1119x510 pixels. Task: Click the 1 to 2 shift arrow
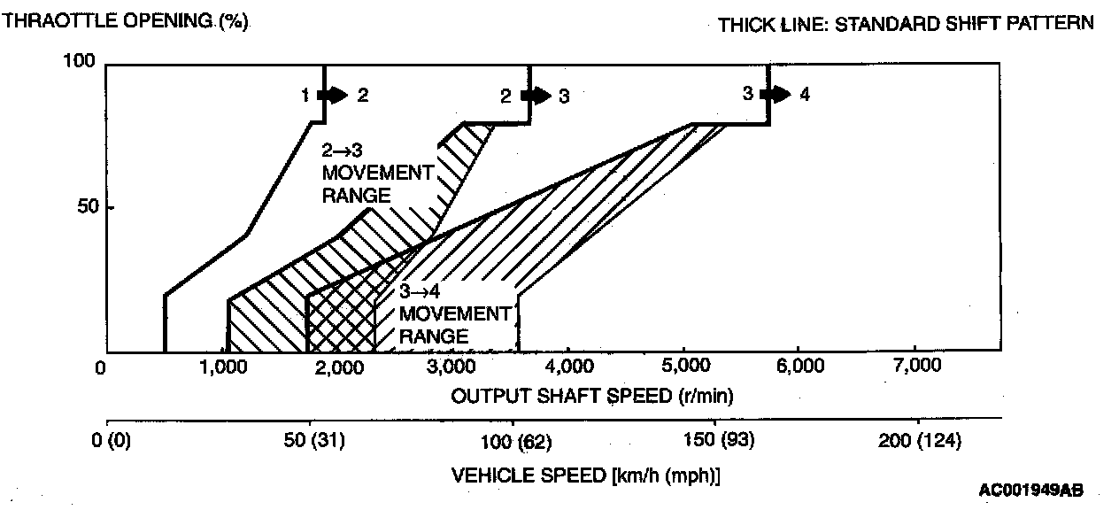click(336, 95)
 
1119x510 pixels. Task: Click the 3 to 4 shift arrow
click(778, 94)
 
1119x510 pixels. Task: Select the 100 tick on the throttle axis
click(81, 61)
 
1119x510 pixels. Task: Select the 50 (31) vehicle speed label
click(309, 440)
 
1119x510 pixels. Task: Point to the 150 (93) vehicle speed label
click(715, 440)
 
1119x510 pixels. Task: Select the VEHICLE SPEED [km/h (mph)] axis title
click(585, 475)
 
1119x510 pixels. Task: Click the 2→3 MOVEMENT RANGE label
click(377, 172)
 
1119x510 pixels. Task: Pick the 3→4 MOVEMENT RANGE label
click(454, 314)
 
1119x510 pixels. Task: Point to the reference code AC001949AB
click(1030, 490)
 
